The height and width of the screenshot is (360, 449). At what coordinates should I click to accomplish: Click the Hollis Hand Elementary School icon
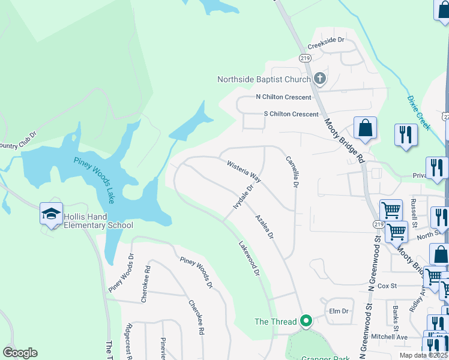52,214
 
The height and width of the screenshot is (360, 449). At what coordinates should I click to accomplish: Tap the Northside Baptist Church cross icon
320,78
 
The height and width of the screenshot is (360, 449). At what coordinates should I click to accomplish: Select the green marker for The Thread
306,322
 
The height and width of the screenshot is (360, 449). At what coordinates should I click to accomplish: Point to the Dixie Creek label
418,112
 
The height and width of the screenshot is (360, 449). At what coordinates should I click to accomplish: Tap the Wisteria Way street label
244,171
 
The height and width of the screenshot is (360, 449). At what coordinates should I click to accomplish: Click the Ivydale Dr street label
243,197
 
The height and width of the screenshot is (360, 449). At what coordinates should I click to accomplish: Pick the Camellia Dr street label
292,172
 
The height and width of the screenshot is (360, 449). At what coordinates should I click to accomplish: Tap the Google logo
20,353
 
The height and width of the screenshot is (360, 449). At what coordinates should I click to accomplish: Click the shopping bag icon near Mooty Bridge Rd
365,128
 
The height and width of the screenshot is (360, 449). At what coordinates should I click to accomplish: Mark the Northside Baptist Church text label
264,79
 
